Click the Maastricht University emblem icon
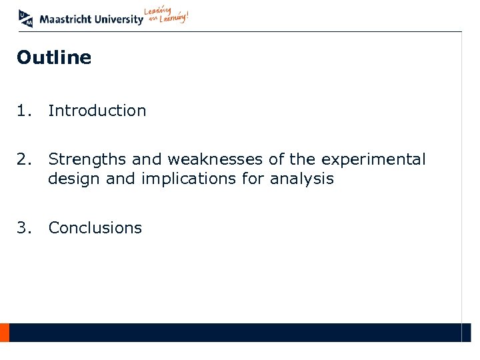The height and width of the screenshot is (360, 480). point(25,18)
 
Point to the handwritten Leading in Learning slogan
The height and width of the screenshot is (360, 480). point(167,17)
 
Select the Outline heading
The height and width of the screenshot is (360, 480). point(54,58)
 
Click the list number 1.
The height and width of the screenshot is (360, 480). point(23,111)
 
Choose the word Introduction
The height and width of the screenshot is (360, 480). point(97,111)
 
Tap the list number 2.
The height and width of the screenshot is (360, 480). point(23,160)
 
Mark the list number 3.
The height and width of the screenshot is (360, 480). point(23,228)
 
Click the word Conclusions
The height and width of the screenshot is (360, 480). point(95,228)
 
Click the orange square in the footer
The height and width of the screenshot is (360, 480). point(4,332)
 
